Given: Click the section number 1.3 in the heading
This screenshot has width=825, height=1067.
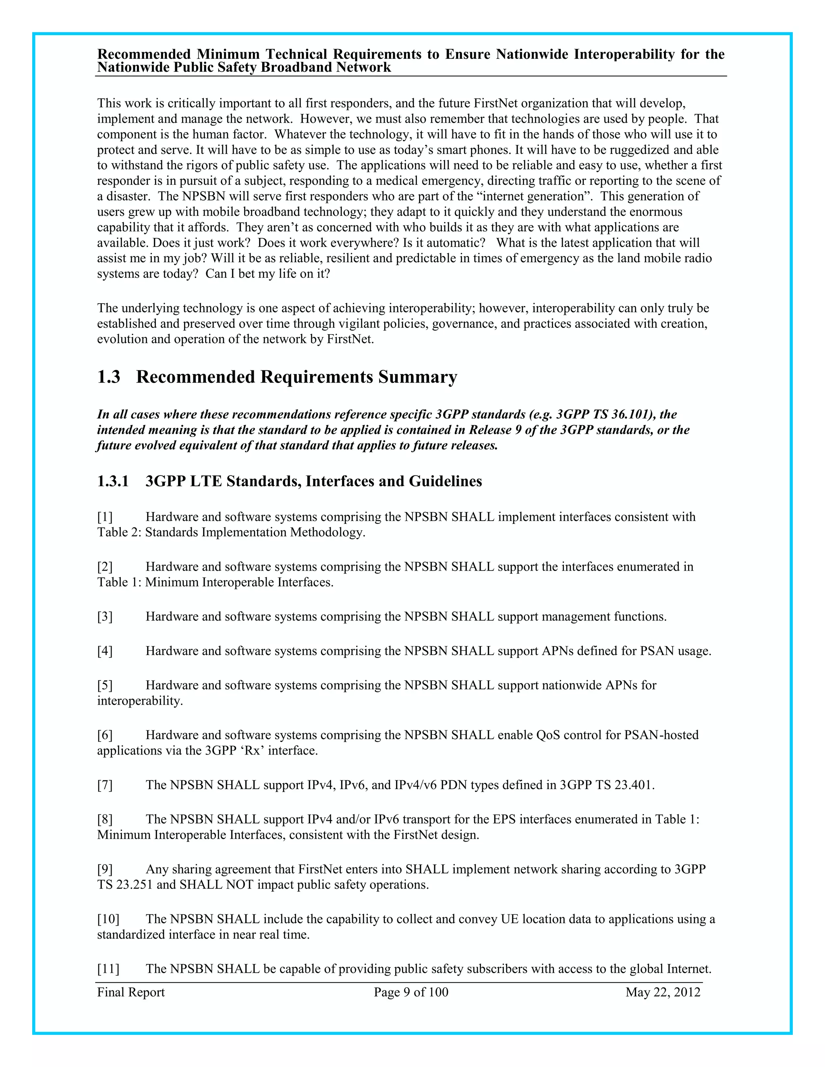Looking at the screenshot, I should tap(108, 377).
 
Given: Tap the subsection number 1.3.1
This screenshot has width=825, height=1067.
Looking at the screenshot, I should tap(112, 481).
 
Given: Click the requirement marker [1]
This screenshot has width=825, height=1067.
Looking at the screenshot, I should tap(105, 517).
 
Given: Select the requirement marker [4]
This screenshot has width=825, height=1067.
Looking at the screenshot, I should tap(105, 651).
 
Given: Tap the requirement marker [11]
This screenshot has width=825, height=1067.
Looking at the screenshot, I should tap(108, 969).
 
